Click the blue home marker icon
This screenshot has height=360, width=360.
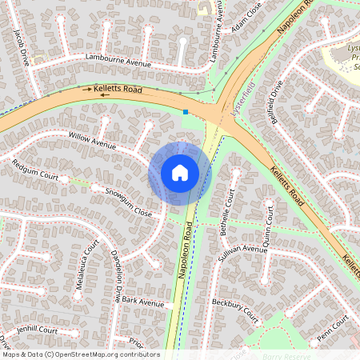tap(180, 172)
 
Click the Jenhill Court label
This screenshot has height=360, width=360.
tap(35, 330)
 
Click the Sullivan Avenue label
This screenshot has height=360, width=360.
tap(243, 250)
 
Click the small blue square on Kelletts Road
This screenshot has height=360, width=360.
tap(186, 112)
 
